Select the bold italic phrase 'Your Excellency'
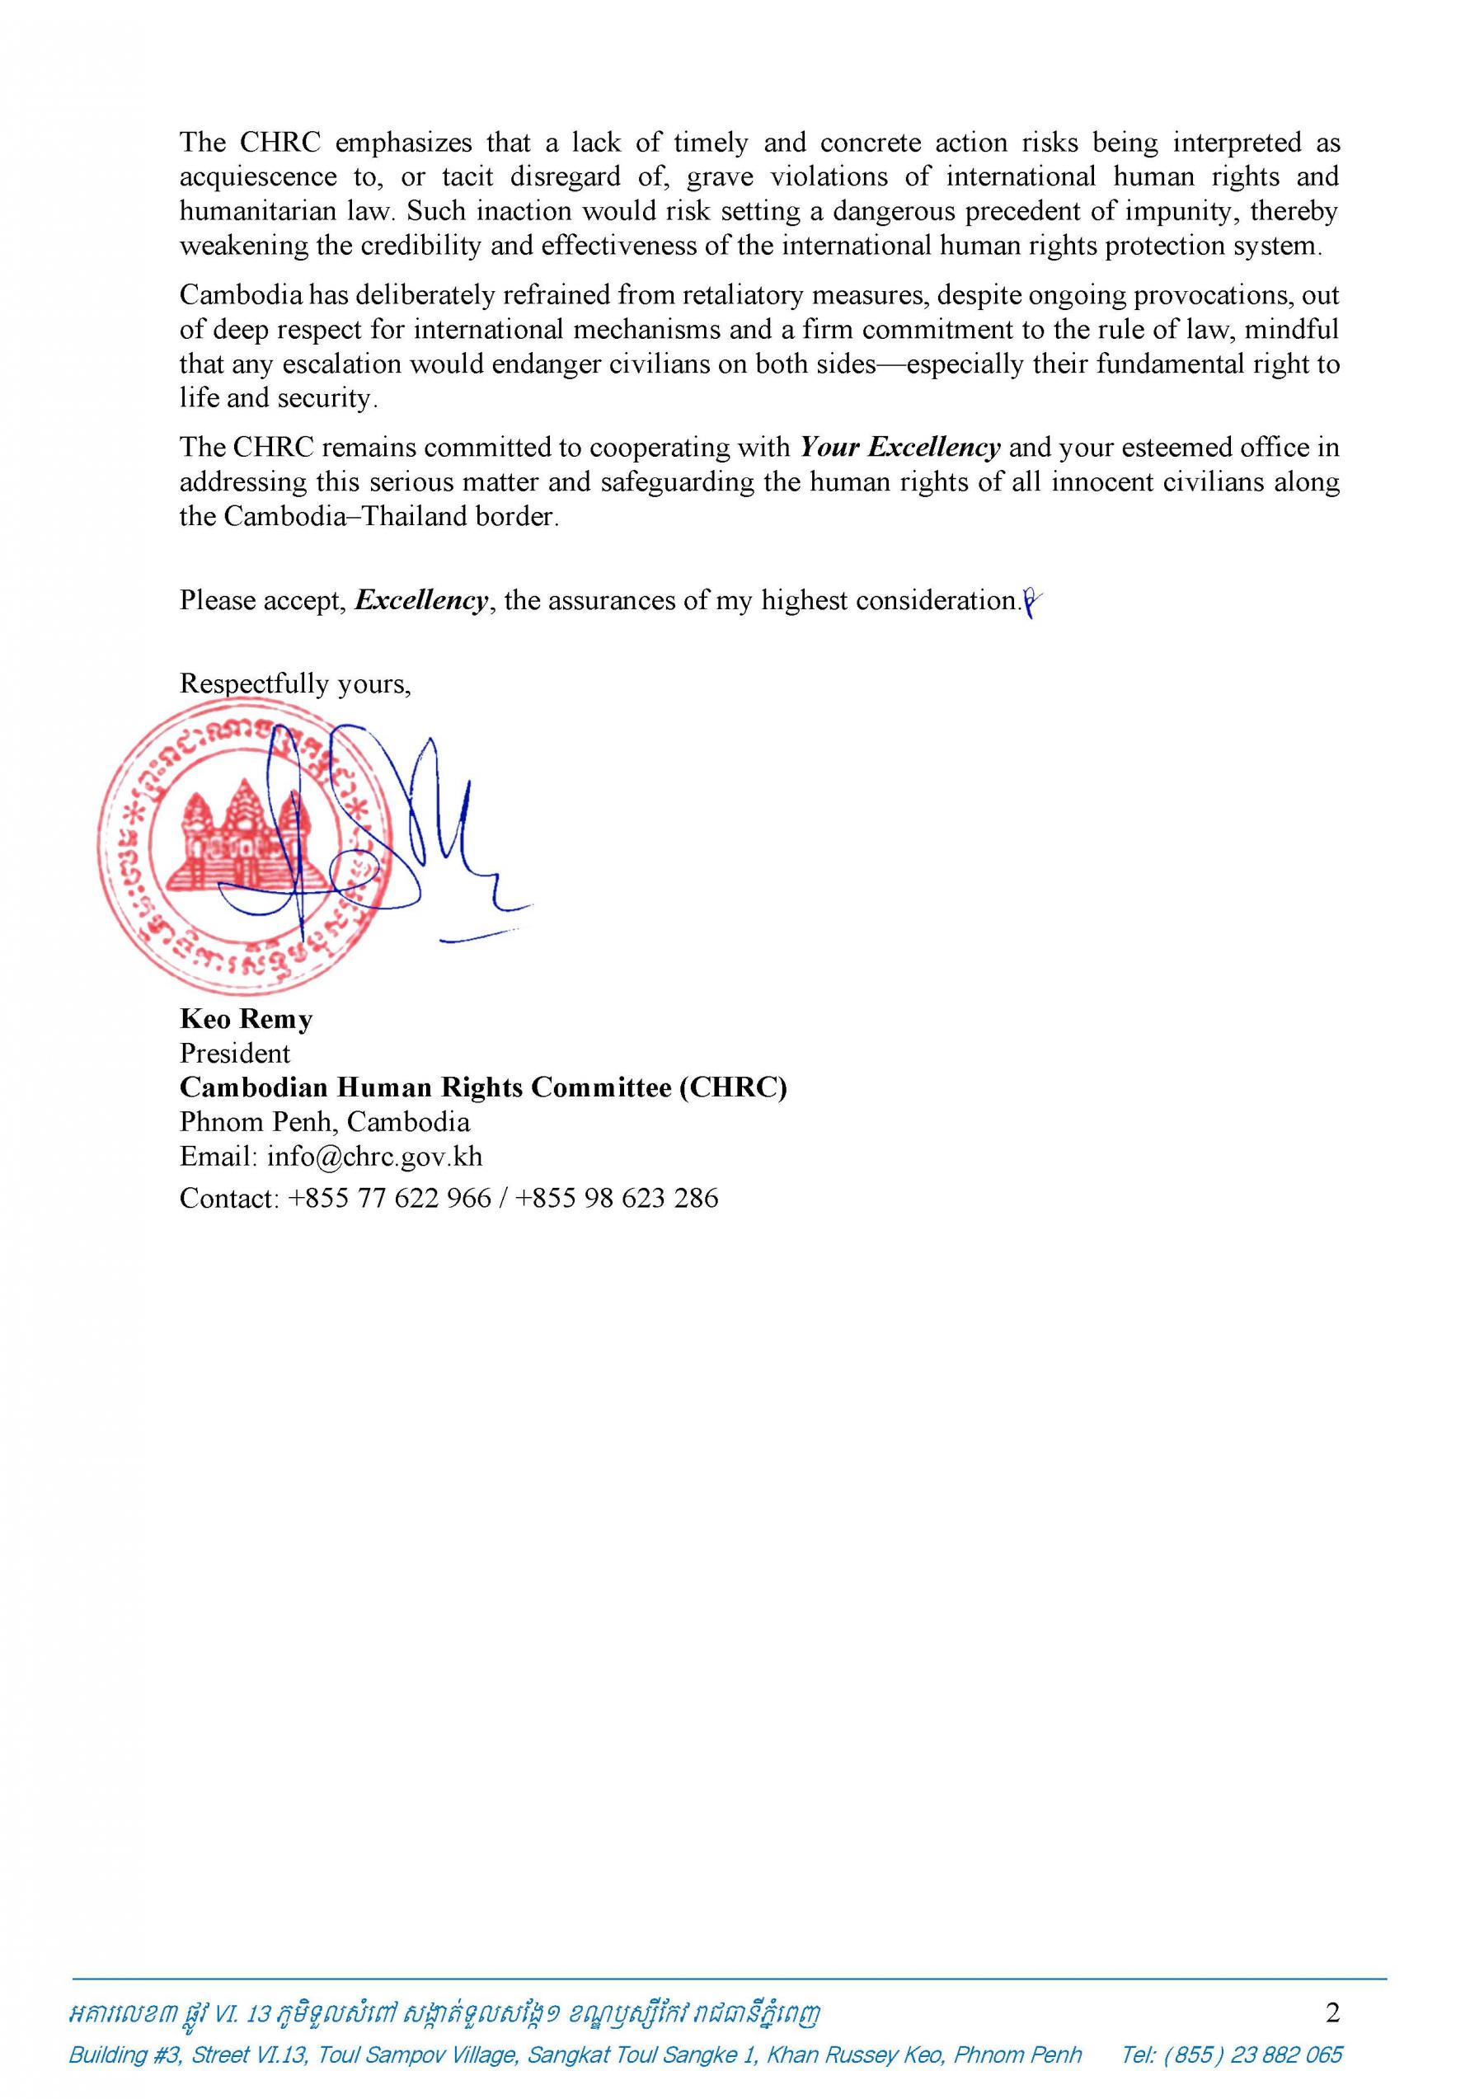pos(899,448)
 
